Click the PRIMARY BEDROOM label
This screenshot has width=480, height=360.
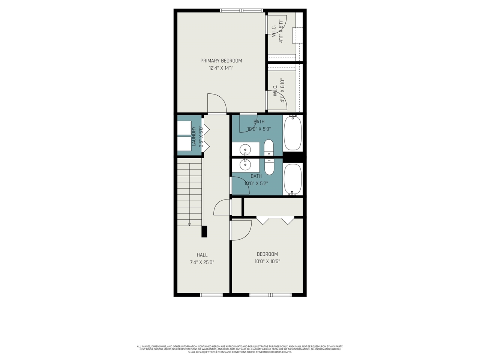tap(221, 61)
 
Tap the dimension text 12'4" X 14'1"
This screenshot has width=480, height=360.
tap(221, 68)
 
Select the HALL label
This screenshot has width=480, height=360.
tap(202, 255)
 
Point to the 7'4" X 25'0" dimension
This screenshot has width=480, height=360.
tap(202, 262)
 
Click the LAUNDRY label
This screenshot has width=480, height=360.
tap(194, 136)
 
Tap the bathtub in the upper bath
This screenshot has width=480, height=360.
tap(292, 133)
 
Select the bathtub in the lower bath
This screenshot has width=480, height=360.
tap(292, 179)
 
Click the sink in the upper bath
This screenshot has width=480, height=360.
tap(245, 149)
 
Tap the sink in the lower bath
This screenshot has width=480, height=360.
tap(245, 164)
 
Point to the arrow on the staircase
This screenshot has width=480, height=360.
tap(189, 224)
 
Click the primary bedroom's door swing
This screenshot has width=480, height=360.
tap(217, 103)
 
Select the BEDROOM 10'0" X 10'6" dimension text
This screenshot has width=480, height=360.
tap(267, 261)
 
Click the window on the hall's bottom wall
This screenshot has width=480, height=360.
tap(211, 295)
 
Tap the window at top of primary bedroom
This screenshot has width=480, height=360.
tap(241, 10)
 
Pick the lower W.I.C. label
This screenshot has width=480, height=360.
tap(275, 90)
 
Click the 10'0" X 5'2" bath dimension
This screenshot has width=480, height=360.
tap(256, 184)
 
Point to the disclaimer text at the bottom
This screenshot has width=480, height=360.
tap(240, 349)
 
